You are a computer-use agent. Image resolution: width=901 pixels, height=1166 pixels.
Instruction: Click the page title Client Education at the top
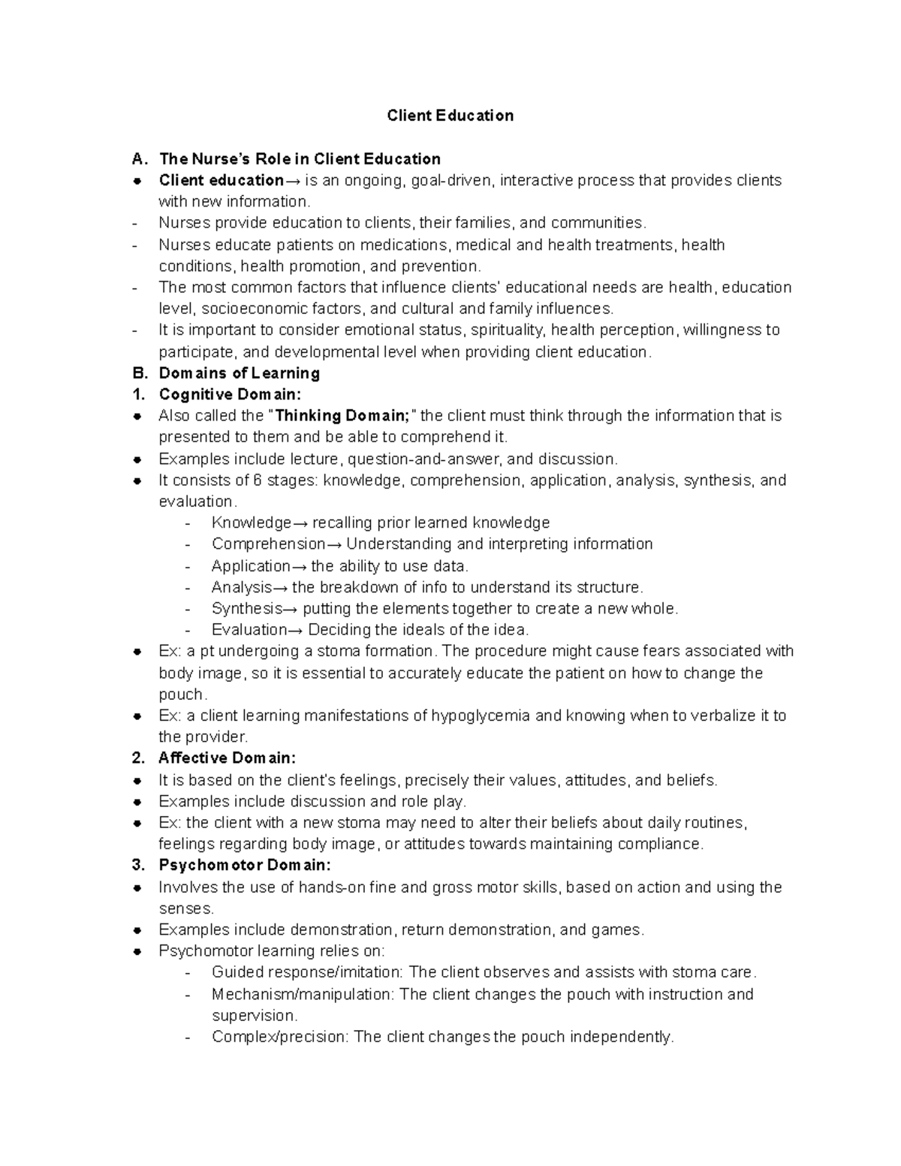click(450, 116)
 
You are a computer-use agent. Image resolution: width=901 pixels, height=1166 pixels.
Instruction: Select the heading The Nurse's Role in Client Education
click(300, 159)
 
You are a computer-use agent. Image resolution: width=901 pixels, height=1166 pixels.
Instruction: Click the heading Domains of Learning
click(239, 373)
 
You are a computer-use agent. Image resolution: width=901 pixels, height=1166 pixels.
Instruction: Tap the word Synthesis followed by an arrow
click(247, 609)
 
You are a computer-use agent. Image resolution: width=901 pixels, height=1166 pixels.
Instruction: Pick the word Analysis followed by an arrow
click(242, 587)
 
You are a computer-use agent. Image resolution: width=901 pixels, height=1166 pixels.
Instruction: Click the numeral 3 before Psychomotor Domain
click(137, 865)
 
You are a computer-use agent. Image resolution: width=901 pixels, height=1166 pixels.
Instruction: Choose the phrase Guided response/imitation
click(306, 972)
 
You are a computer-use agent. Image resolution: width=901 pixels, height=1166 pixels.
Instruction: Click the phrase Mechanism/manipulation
click(303, 994)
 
